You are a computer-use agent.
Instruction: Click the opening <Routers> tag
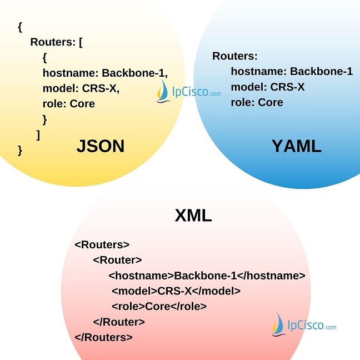[x=102, y=244]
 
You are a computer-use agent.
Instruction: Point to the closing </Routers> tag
[x=103, y=337]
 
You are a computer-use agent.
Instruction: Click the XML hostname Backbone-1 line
[x=207, y=276]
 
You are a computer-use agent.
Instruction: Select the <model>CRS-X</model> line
[x=176, y=291]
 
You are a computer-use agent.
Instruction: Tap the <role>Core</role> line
[x=159, y=306]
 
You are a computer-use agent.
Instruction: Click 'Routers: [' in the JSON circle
[x=56, y=42]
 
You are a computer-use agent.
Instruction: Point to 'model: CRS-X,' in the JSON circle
[x=81, y=88]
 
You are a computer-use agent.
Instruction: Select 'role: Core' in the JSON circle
[x=68, y=104]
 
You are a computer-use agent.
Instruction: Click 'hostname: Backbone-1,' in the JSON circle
[x=105, y=73]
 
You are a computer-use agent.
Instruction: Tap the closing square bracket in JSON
[x=38, y=134]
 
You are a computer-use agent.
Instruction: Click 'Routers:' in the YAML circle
[x=235, y=56]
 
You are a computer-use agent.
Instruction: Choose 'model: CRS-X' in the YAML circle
[x=267, y=87]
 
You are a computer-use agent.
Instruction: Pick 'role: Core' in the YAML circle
[x=257, y=103]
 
